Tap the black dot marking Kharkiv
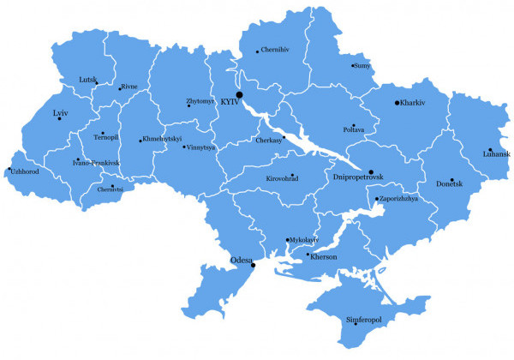(x=397, y=103)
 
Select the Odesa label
(x=241, y=260)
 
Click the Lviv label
(x=59, y=112)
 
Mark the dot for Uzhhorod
(x=9, y=169)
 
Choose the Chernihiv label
(x=275, y=50)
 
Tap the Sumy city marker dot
(x=352, y=65)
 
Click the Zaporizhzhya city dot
(x=375, y=200)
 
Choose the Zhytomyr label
(x=200, y=101)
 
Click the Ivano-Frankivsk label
(x=96, y=162)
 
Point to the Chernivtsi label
(x=111, y=189)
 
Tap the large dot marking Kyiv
(x=240, y=94)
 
